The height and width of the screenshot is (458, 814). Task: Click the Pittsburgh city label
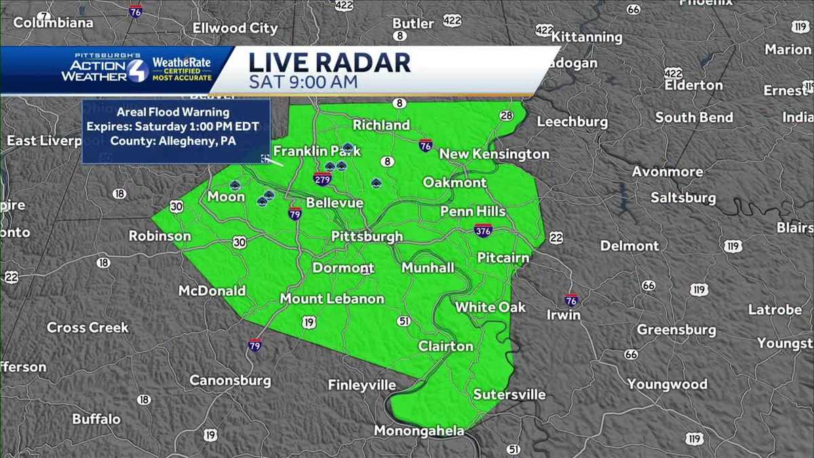point(367,237)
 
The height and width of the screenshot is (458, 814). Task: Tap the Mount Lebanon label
point(332,299)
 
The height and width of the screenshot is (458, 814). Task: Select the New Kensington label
point(494,154)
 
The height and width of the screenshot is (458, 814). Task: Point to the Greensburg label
point(676,330)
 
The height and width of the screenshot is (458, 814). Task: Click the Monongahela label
point(419,432)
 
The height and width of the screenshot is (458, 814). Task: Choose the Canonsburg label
point(230,380)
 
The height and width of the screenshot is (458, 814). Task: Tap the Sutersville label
point(509,394)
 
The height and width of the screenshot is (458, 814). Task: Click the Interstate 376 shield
point(483,230)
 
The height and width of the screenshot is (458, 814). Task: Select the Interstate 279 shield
point(322,179)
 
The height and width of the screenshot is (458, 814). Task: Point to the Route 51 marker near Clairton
point(404,321)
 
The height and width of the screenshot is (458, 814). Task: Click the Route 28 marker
point(506,115)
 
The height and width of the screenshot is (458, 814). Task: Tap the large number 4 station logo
point(138,71)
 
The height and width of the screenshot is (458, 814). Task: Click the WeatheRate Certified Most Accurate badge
point(181,69)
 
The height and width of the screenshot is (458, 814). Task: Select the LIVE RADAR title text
point(330,62)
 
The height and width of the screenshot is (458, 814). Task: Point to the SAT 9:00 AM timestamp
point(303,83)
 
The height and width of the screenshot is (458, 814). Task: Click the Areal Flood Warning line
point(173,112)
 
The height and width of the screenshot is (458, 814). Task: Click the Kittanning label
point(587,37)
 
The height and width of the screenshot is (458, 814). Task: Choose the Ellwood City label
point(235,28)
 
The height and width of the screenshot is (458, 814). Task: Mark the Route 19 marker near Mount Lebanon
point(309,322)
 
